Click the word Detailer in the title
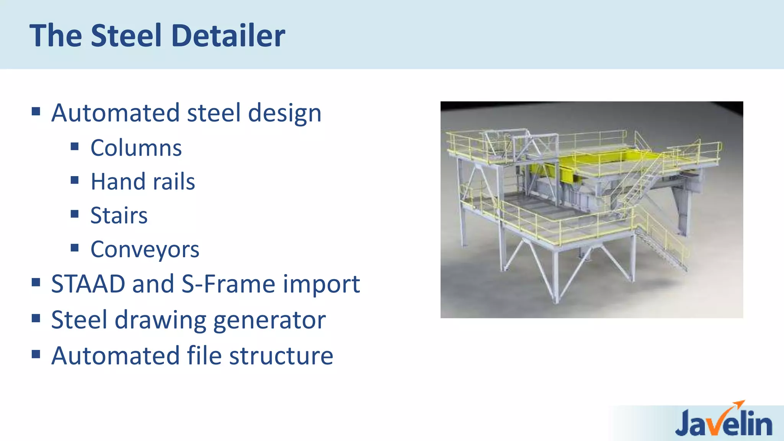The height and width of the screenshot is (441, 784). (228, 36)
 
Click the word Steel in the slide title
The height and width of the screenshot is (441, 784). (126, 36)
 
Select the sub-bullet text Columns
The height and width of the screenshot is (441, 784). (136, 148)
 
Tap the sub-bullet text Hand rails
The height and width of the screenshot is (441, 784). (143, 181)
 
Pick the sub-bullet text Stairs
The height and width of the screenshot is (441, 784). (119, 215)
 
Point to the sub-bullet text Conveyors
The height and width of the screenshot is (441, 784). (145, 250)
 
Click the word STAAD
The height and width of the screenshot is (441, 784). (88, 284)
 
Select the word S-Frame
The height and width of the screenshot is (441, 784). (228, 284)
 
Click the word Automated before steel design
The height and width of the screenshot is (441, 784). (116, 113)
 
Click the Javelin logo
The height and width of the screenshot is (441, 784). (724, 422)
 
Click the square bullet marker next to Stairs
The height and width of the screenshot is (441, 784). (75, 214)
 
